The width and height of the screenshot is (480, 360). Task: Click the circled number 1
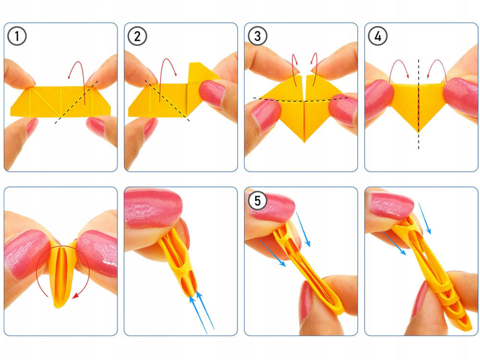pos(17,36)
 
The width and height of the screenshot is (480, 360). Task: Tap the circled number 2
pos(137,36)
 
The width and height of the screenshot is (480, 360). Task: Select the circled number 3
pos(257,36)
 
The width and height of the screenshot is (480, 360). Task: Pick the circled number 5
pos(257,201)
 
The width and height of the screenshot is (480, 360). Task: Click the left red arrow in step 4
pos(398,67)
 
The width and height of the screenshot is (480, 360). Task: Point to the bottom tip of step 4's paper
pos(418,130)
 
